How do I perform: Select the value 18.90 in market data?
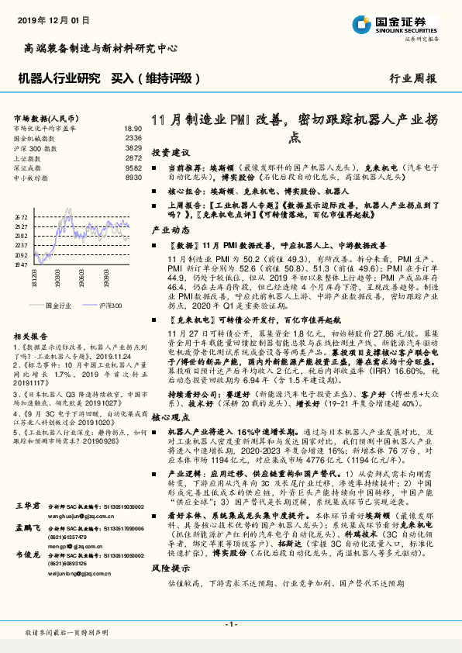click(x=133, y=129)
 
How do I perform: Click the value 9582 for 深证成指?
click(x=133, y=167)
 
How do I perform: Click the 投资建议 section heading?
click(x=165, y=153)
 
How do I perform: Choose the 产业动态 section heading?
click(x=165, y=231)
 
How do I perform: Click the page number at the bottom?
click(x=230, y=624)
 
